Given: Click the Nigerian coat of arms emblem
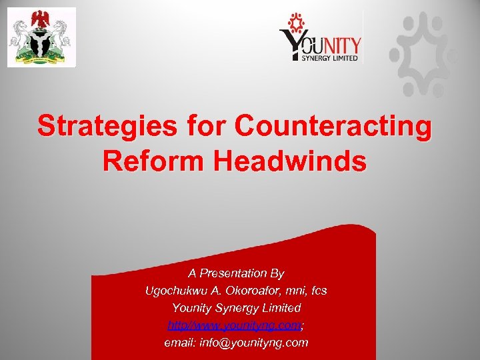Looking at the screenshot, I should pos(41,37).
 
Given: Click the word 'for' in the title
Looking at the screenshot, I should pos(196,127).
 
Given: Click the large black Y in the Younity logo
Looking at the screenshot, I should pos(293,46).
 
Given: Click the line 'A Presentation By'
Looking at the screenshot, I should pos(236,273).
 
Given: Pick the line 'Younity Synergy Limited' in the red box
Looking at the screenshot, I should pos(236,309).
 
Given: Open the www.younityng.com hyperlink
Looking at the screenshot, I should pos(235,326).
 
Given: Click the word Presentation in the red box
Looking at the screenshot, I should pos(235,273).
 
